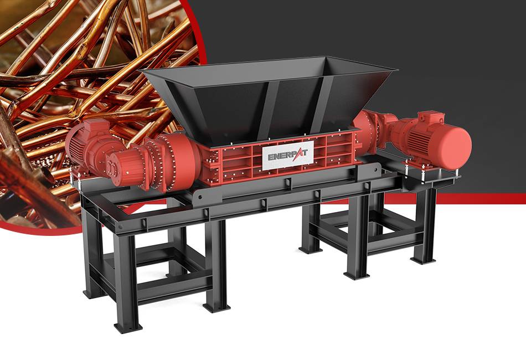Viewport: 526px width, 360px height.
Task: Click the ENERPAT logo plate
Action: coord(287,155)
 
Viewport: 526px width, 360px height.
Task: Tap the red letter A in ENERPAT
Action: coord(297,155)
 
